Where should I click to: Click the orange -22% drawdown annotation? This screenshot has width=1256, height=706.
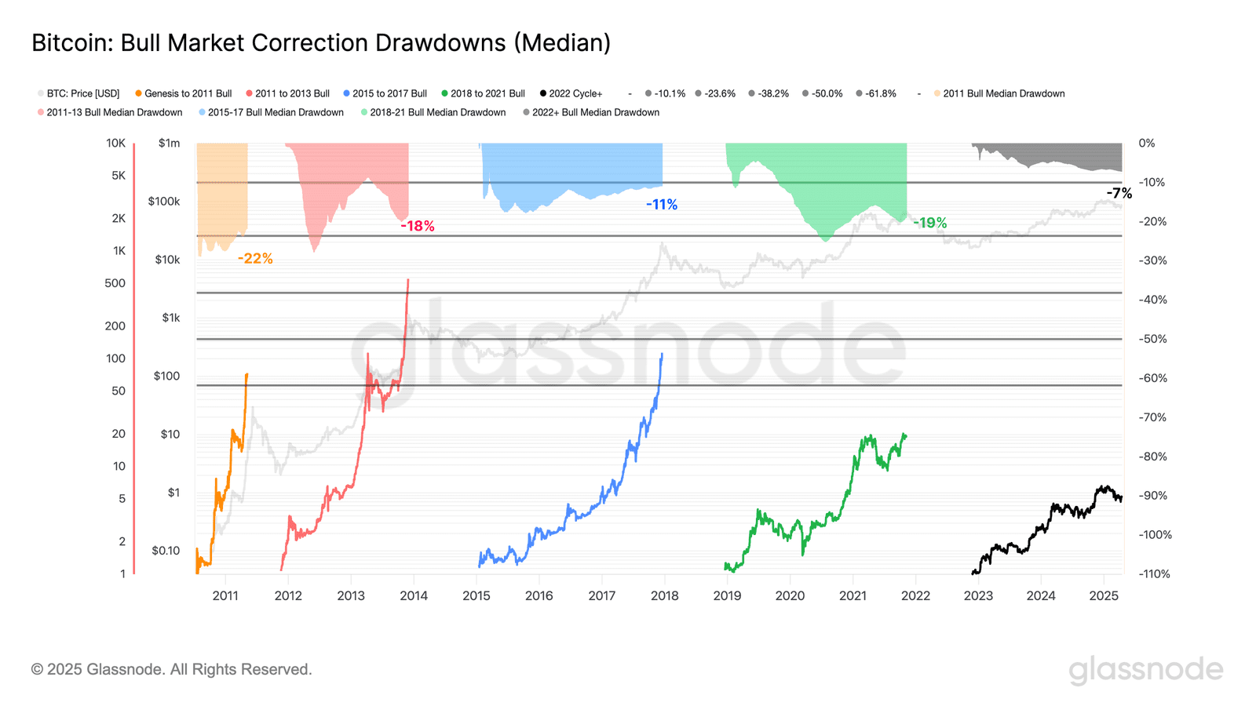255,258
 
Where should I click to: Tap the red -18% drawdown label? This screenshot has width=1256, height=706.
417,226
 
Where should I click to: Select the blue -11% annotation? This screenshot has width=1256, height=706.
662,205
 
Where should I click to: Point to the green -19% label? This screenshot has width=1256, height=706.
929,223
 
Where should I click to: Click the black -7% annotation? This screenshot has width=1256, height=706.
1119,193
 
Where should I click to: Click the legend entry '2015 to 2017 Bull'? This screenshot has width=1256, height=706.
389,93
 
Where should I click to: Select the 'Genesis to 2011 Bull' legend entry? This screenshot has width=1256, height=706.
188,93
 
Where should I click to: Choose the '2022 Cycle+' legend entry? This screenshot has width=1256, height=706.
575,93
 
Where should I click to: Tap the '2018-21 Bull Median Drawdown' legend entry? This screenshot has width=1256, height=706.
437,112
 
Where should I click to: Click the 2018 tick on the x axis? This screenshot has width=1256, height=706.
664,595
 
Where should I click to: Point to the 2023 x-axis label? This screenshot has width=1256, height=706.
978,595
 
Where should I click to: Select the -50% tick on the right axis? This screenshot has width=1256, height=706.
1152,339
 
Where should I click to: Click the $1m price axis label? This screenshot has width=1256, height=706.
169,143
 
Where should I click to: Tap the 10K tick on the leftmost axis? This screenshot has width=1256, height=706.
115,143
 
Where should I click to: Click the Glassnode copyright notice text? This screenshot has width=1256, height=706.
171,669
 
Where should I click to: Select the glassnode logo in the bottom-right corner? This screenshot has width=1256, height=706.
1145,670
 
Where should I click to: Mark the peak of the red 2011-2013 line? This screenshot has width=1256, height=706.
408,280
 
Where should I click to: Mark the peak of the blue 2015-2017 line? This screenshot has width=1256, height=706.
662,354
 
